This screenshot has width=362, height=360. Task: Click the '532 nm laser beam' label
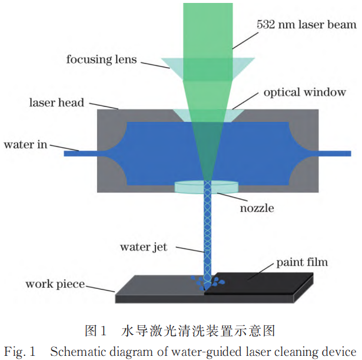coord(307,25)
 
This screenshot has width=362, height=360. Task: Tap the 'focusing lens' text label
coord(101,59)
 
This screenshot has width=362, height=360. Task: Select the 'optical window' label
coord(304,92)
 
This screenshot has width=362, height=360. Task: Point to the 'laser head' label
coord(57,102)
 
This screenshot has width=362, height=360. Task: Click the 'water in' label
coord(25,144)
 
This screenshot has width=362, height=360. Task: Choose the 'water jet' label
coord(144,247)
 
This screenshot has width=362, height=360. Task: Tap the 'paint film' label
coord(302,262)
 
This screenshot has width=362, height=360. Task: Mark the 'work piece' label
coord(55,284)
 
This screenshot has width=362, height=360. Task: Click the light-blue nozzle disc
coord(207,186)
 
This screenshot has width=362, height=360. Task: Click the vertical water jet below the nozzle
coord(207,235)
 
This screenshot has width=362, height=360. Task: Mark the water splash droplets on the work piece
coord(206,283)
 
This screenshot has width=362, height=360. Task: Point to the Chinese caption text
coord(180,330)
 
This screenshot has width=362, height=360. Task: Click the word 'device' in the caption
coord(341,352)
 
